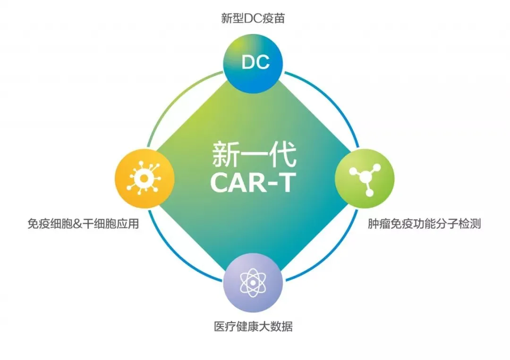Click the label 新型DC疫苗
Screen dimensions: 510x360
[253, 18]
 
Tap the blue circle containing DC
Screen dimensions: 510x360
[253, 63]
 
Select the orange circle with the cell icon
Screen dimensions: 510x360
[144, 178]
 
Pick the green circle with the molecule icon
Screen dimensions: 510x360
[365, 178]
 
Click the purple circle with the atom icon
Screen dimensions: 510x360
[253, 282]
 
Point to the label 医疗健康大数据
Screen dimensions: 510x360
[253, 327]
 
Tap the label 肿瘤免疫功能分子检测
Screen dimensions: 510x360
[424, 224]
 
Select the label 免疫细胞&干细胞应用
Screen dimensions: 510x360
[83, 224]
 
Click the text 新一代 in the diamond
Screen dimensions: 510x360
[254, 154]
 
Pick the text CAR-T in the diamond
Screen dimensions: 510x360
[254, 182]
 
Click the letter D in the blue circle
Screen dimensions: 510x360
[248, 62]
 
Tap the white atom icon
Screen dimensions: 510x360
[253, 283]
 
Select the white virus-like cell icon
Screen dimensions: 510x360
[144, 178]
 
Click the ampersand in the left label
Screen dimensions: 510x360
[78, 224]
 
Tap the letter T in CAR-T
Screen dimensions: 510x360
[285, 182]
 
